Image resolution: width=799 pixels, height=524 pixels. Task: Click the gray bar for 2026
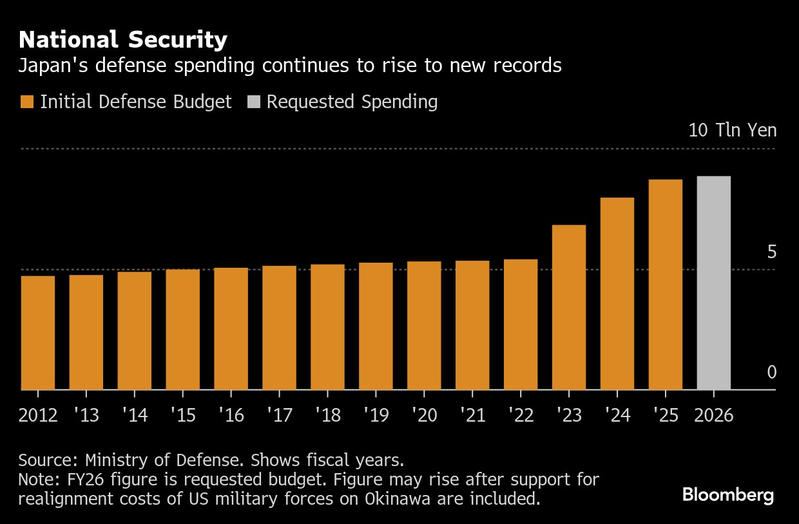pos(714,283)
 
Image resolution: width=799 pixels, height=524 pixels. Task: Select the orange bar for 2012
pos(38,333)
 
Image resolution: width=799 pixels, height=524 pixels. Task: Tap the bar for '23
pos(569,307)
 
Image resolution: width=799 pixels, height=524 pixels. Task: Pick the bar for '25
pos(666,285)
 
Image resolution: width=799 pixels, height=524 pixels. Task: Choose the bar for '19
pos(376,326)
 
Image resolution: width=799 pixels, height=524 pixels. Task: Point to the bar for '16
pos(231,329)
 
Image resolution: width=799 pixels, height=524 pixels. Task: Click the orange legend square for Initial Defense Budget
pos(26,102)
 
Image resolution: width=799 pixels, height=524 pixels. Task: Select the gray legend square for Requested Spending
pos(254,102)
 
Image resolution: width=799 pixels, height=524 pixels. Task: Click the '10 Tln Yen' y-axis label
pos(733,130)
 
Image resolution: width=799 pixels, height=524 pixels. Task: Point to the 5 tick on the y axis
pos(771,252)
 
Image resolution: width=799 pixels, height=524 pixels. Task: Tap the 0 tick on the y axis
pos(771,372)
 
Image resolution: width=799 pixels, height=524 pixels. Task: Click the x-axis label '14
pos(134,415)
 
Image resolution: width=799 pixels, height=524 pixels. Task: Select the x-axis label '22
pos(521,415)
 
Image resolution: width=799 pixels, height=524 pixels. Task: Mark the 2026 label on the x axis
pos(714,415)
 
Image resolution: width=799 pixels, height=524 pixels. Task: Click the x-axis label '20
pos(424,415)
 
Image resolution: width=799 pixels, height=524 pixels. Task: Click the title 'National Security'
pos(123,40)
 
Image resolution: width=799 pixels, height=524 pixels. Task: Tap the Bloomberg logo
pos(728,495)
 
